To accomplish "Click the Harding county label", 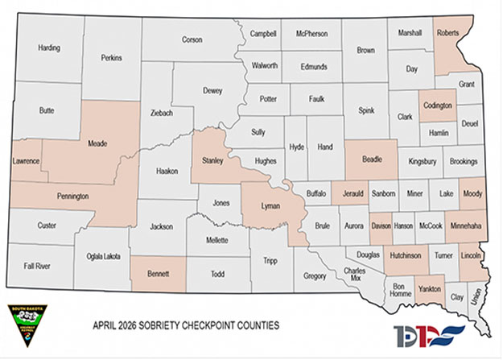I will point(49,48).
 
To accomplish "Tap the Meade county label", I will point(98,145).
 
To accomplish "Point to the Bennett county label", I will point(159,274).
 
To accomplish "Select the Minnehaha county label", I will point(466,226).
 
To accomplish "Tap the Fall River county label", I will point(38,265).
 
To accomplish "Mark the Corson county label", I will point(192,39).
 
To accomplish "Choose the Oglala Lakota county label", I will point(103,256).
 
